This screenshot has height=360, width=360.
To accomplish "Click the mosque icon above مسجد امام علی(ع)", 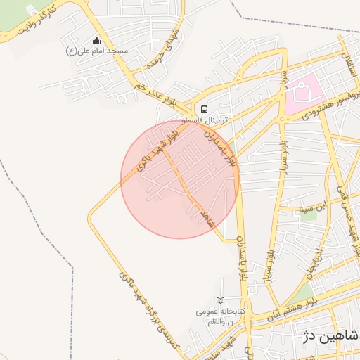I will point(97,41).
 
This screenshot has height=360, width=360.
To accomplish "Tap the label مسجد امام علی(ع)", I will point(97,51).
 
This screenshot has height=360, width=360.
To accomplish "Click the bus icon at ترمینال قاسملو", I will point(204,109).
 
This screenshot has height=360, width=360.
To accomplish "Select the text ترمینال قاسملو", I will point(205,120).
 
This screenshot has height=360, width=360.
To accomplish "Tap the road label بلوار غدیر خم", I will point(155,94).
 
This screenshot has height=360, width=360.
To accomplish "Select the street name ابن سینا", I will point(315,208).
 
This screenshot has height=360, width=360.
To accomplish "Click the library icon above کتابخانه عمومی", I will point(221,300).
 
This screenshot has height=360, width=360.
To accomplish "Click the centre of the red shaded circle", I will point(179,179).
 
